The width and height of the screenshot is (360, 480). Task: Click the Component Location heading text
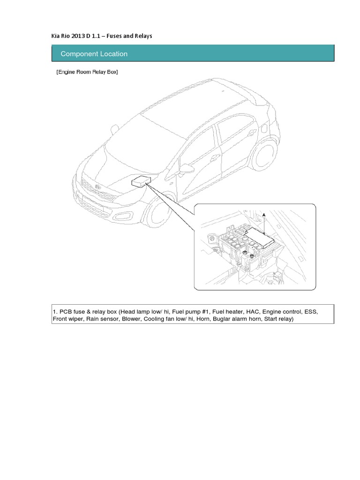(94, 54)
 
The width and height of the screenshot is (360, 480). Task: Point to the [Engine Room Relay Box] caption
(87, 72)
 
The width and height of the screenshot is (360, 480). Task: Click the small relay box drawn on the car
(140, 181)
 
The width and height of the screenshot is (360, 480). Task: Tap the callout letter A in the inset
(264, 214)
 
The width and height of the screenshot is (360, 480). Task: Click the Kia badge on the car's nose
(98, 187)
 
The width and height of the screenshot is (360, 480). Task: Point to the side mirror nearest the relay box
(187, 168)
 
